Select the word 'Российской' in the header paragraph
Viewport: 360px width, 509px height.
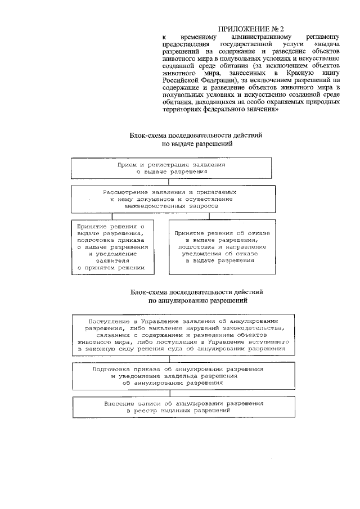[179, 81]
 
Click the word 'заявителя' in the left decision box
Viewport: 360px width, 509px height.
[112, 261]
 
